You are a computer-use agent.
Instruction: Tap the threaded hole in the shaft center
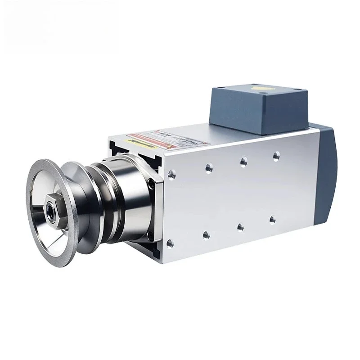coord(49,208)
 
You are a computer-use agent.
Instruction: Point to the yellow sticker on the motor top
coord(135,140)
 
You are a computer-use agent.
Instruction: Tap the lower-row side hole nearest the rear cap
coord(272,219)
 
